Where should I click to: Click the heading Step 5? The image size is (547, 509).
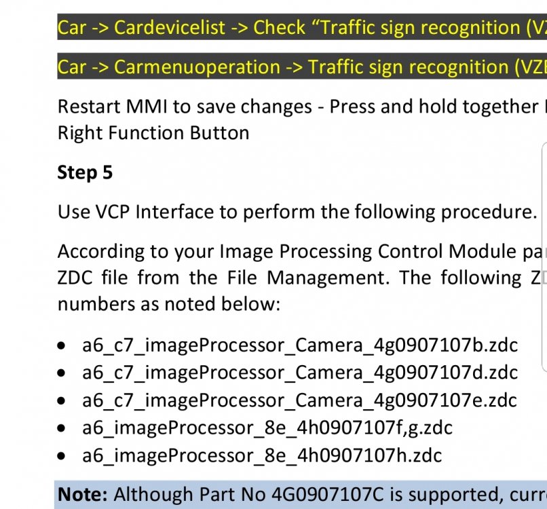[x=85, y=172]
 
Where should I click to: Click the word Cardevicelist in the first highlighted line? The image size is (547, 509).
[x=170, y=27]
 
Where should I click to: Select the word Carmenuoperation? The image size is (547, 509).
[x=197, y=67]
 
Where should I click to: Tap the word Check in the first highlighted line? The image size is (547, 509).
[x=280, y=27]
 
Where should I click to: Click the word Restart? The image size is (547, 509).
[x=89, y=107]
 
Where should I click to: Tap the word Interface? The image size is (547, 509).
[x=174, y=212]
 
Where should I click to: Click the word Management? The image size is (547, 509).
[x=328, y=278]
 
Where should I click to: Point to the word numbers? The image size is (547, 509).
[x=96, y=304]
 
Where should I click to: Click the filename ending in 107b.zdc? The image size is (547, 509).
[x=300, y=345]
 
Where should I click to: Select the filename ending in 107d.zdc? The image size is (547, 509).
[x=300, y=373]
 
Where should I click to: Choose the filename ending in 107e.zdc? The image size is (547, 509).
[x=300, y=400]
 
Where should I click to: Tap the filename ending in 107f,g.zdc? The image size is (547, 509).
[x=267, y=428]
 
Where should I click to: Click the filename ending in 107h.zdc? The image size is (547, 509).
[x=263, y=455]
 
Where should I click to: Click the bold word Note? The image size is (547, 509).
[x=83, y=494]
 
